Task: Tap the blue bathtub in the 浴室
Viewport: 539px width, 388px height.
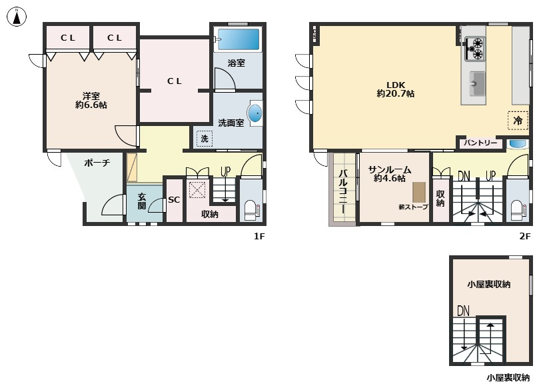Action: [239, 39]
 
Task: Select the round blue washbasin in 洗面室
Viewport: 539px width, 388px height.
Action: [255, 113]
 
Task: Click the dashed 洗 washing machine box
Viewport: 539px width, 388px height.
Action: [205, 139]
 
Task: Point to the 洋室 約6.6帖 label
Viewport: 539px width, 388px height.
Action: [91, 100]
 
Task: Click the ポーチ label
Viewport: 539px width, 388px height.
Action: [97, 163]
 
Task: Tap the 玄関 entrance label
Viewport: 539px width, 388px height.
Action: [142, 201]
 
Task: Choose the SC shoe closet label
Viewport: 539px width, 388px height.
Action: [174, 199]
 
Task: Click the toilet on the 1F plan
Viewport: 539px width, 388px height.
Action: [251, 210]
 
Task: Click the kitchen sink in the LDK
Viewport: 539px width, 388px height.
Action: [477, 84]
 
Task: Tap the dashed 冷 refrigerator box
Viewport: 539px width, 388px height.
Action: [518, 121]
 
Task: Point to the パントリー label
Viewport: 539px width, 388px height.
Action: [480, 143]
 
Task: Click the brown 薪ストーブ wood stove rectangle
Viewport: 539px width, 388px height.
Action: [419, 192]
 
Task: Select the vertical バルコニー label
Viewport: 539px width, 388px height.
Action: [343, 191]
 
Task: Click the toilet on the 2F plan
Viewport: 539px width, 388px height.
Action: [517, 210]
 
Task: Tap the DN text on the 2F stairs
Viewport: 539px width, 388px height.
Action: [464, 176]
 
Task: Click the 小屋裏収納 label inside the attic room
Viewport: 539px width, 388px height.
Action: [488, 285]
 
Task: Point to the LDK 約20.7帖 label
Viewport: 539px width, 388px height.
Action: [395, 89]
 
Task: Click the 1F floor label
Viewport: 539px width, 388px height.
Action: [260, 236]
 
